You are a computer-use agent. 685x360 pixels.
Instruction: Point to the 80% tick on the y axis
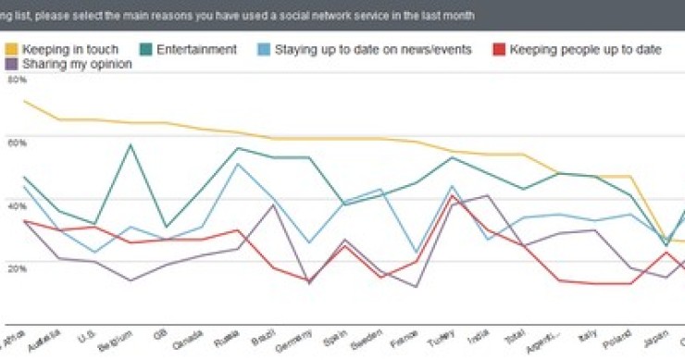(x=17, y=81)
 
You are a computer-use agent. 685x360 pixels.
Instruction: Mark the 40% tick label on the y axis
(x=17, y=205)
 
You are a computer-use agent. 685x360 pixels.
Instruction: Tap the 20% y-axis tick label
(x=17, y=267)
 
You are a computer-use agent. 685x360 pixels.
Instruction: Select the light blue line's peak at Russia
(x=239, y=164)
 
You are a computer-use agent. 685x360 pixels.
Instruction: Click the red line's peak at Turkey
(x=451, y=195)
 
